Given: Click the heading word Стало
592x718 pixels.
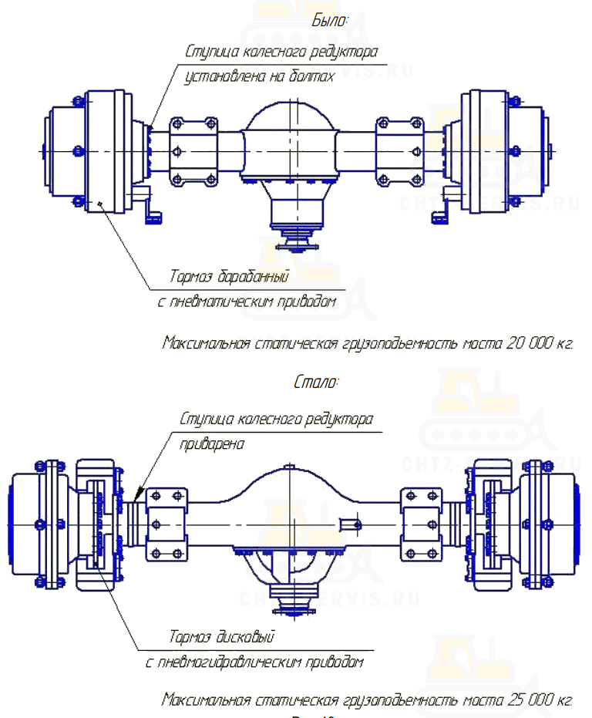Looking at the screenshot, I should [x=316, y=382].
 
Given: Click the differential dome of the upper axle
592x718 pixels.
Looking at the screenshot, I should [x=289, y=127].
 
